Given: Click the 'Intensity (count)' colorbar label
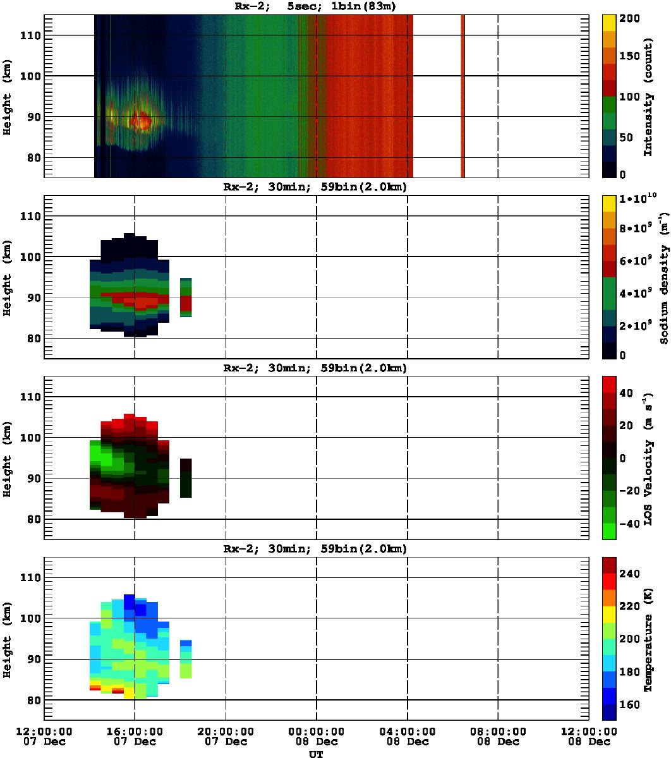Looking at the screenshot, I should point(648,95).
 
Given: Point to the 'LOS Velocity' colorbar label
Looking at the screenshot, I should point(648,457).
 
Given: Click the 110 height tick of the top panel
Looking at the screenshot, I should point(30,36).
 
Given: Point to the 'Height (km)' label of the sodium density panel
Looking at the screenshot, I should point(8,278).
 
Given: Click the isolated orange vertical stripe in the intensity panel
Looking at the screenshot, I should point(462,95).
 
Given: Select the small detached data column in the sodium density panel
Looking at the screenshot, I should point(186,297).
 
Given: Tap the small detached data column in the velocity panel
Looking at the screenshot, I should point(186,478).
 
